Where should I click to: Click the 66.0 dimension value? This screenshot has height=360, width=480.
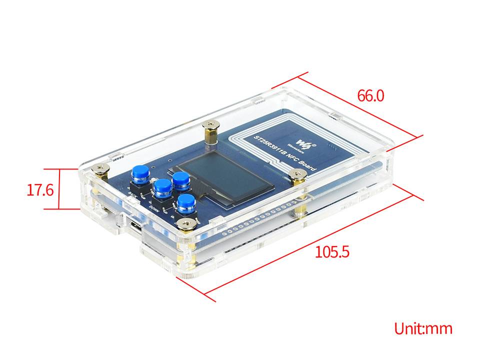tap(370, 95)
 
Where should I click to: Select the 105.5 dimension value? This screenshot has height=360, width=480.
tap(331, 251)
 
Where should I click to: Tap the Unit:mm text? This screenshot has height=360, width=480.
tap(423, 328)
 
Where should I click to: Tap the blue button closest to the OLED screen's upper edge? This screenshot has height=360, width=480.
tap(179, 179)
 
